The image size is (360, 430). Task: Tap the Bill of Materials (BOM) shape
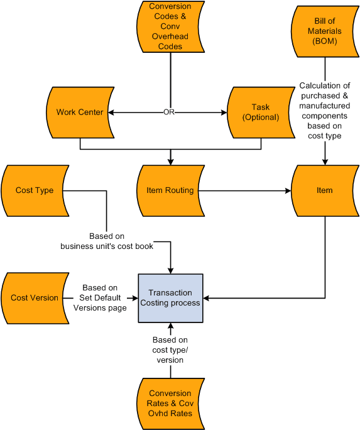click(325, 30)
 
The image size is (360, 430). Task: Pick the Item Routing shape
click(170, 190)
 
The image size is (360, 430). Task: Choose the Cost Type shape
click(35, 190)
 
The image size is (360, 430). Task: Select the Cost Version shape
click(35, 298)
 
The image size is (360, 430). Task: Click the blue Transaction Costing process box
click(170, 298)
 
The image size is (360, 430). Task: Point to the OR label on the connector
click(168, 113)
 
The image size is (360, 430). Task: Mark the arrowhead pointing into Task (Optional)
click(223, 113)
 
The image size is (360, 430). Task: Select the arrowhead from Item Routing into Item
click(288, 190)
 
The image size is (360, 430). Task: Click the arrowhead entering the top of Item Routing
click(170, 162)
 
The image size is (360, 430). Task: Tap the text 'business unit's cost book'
click(107, 246)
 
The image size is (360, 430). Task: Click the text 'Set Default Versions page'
click(100, 303)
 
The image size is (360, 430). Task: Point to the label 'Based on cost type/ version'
click(170, 350)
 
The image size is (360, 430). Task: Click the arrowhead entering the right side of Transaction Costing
click(207, 298)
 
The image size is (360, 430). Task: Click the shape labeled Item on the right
click(325, 190)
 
